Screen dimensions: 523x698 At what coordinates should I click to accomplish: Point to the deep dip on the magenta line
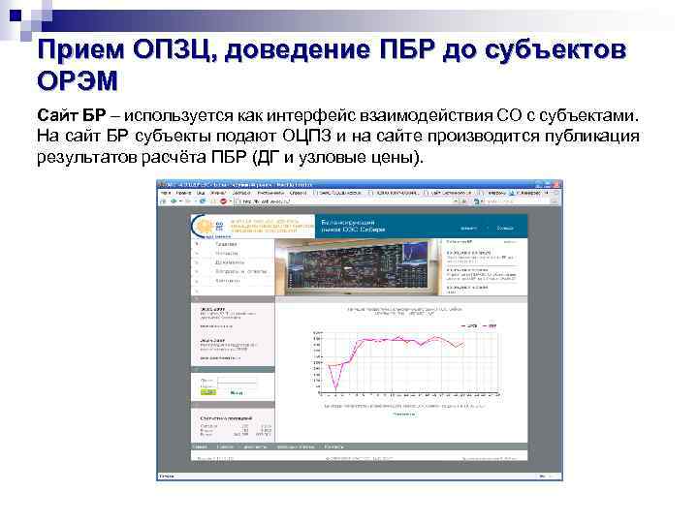point(335,388)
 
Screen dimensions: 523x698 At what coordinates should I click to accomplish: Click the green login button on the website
point(208,391)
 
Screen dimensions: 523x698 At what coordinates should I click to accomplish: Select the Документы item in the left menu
point(230,262)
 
